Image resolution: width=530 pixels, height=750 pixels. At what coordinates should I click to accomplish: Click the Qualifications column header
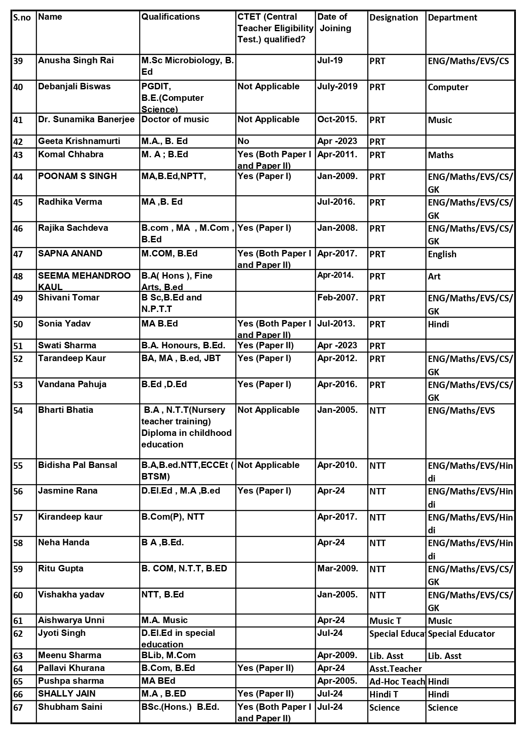pos(170,17)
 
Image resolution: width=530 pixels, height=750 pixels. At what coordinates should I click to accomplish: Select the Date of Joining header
pos(334,23)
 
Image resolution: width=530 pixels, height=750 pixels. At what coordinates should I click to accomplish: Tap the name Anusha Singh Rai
pos(76,60)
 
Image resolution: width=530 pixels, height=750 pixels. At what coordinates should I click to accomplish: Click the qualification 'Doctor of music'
pos(175,119)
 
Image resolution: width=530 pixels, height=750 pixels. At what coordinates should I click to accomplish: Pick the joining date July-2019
pos(337,86)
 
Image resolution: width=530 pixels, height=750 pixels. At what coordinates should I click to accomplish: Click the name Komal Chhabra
pos(70,154)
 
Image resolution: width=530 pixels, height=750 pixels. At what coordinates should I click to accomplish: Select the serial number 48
pos(18,276)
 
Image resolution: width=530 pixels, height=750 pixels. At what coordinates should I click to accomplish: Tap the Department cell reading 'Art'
pos(434,276)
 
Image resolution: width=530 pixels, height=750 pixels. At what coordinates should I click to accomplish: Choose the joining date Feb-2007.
pos(337,297)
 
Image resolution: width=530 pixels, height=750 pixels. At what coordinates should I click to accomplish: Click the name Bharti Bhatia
pos(65,410)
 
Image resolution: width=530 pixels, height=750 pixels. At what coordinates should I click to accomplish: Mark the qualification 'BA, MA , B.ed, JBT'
pos(181,358)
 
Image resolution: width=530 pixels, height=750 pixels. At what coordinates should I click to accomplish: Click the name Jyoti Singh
pos(62,633)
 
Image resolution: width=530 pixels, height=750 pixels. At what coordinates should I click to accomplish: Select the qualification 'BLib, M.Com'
pos(168,655)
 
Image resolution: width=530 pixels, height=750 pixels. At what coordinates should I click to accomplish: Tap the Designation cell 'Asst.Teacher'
pos(395,669)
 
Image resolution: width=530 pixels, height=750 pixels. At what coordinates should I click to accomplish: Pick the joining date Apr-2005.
pos(337,681)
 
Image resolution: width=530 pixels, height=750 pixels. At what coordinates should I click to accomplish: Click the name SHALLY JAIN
pos(67,694)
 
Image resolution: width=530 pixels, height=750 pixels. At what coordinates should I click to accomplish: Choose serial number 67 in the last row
pos(18,708)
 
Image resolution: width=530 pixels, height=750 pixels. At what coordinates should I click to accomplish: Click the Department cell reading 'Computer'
pos(448,87)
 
